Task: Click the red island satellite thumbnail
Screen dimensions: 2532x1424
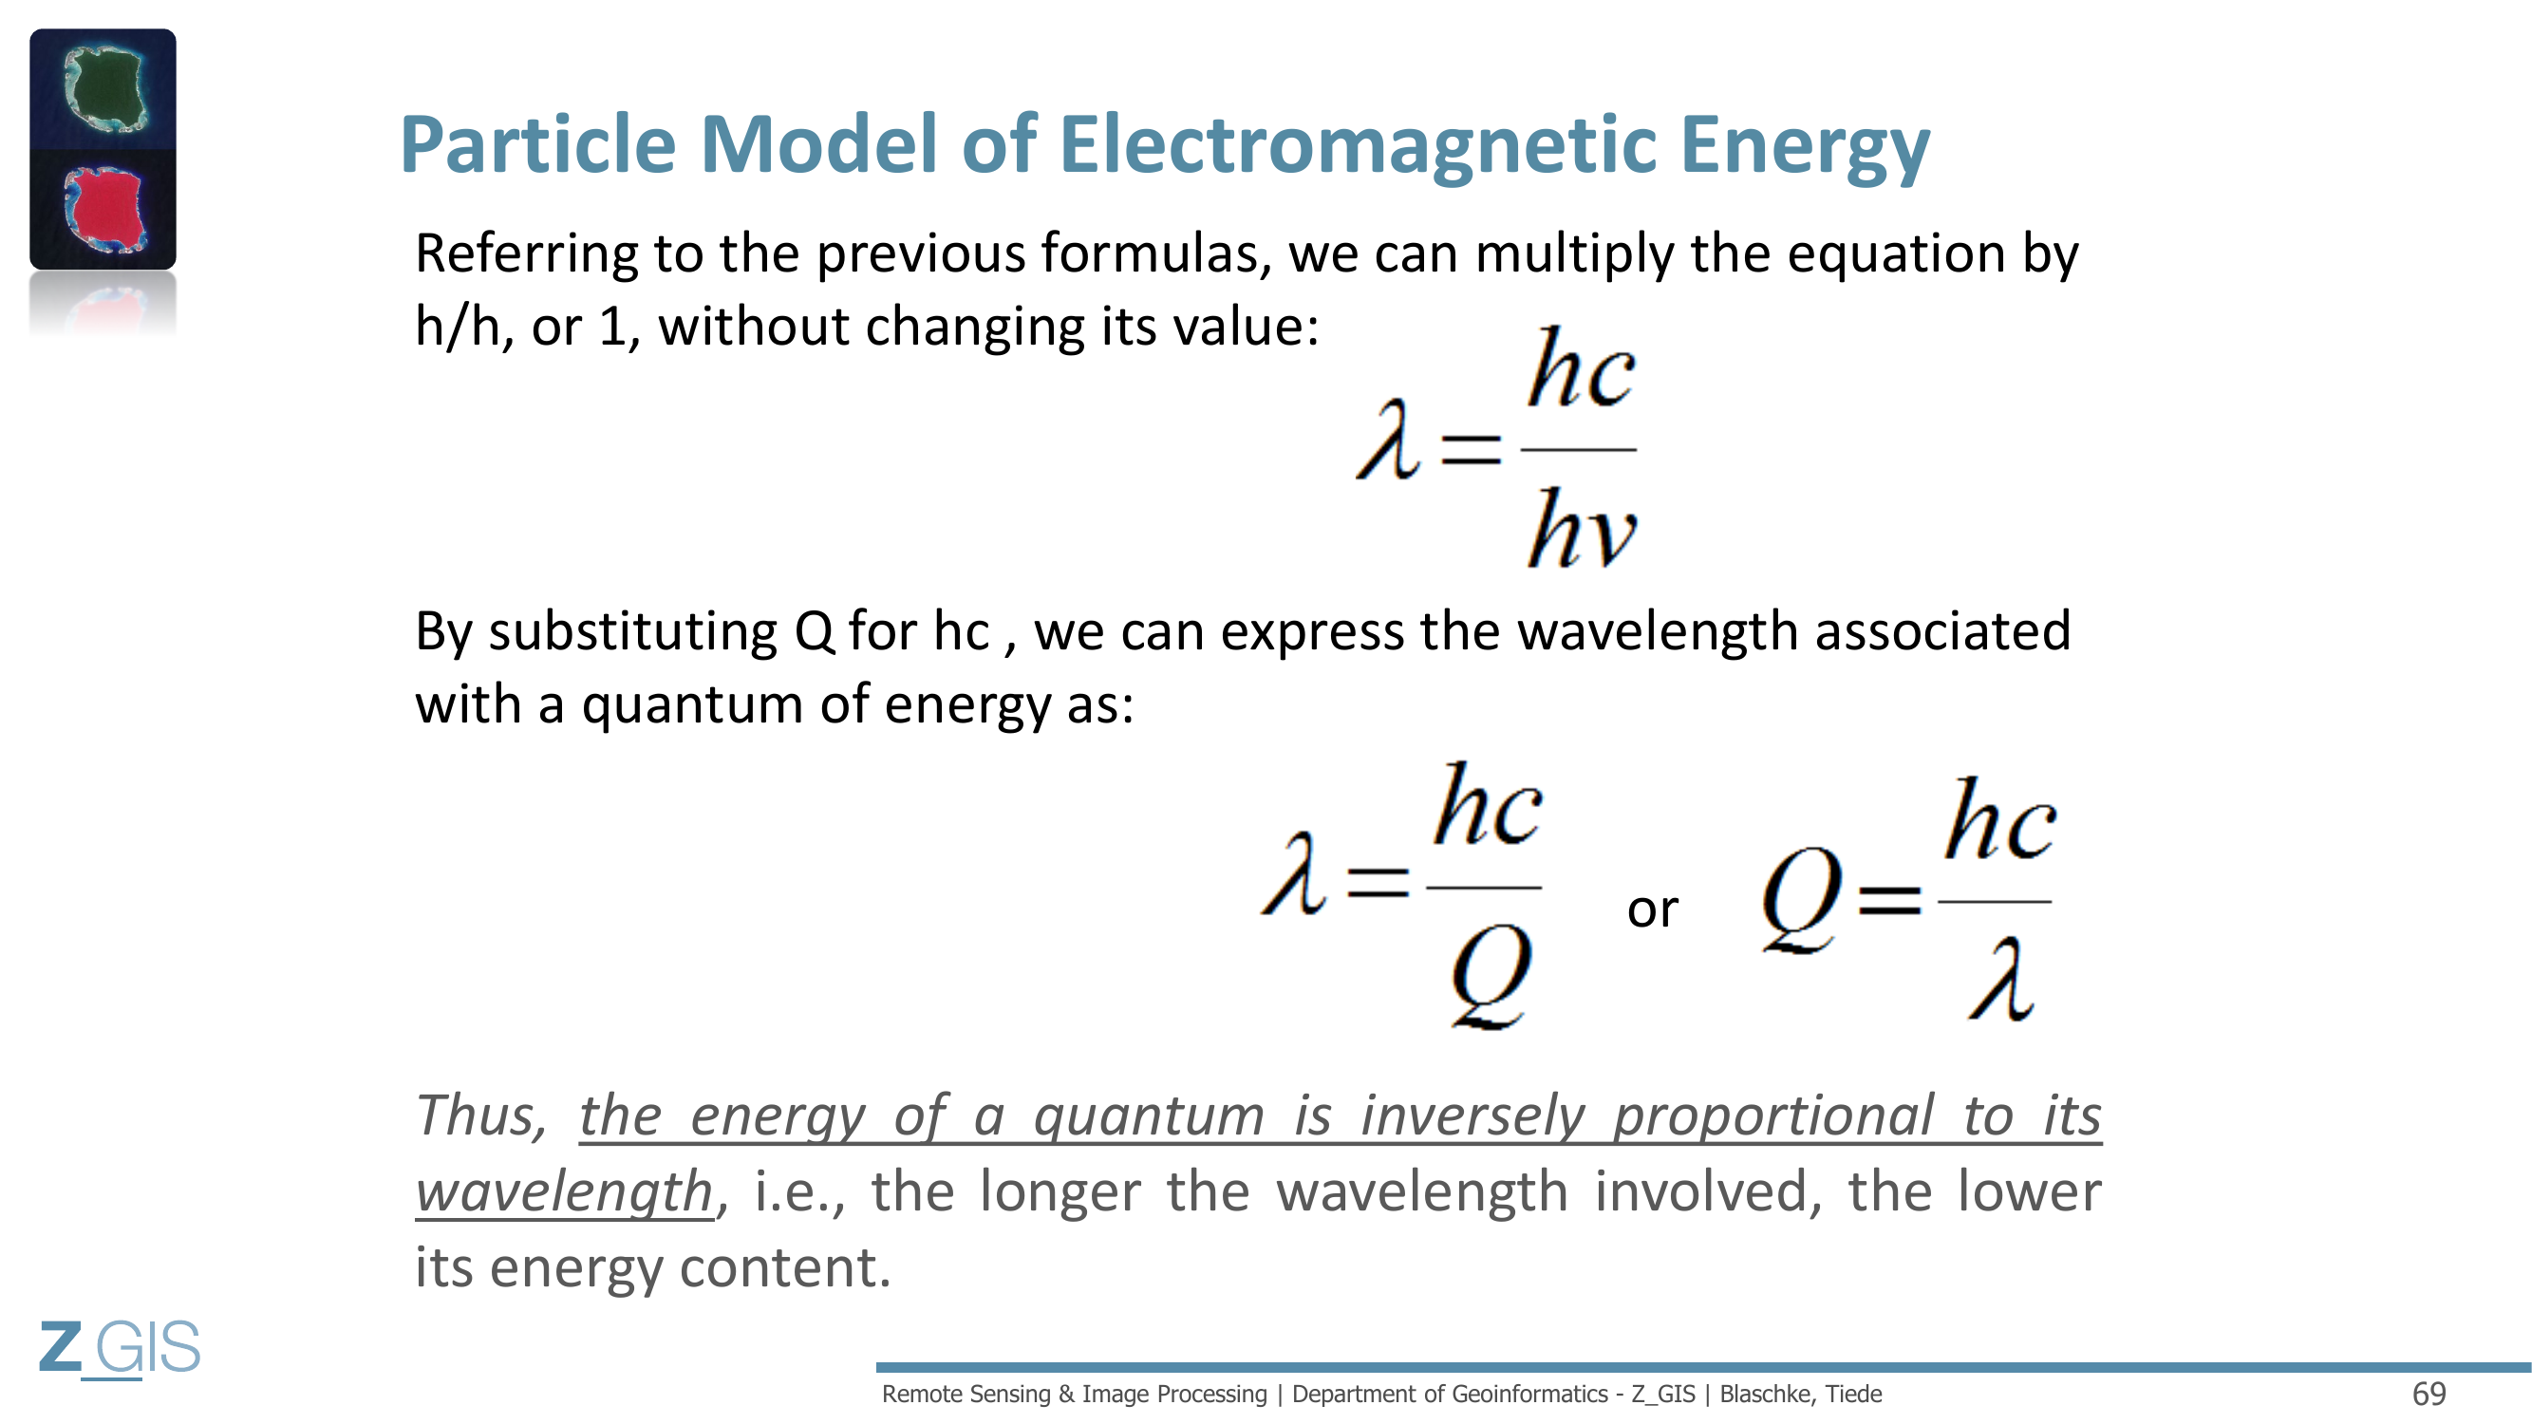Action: coord(103,209)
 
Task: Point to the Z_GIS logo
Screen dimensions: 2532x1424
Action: coord(120,1347)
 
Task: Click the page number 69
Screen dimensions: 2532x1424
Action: coord(2429,1394)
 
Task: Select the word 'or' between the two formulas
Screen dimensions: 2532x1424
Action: coord(1652,910)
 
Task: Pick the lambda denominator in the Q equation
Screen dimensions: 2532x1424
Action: coord(2000,978)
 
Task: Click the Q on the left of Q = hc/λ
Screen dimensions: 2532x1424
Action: coord(1801,899)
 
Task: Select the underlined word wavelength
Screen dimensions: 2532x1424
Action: coord(564,1192)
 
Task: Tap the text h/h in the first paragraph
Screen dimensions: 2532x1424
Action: coord(457,327)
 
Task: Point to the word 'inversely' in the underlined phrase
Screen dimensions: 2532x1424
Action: coord(1472,1116)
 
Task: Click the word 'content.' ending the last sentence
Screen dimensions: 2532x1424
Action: coord(784,1267)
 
